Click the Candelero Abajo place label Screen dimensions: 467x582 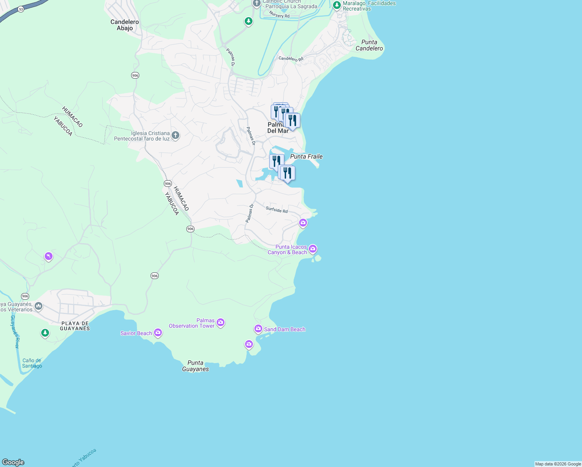tap(124, 25)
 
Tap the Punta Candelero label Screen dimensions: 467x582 tap(369, 45)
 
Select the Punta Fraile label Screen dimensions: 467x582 tap(307, 156)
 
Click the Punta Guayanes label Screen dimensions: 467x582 tap(195, 366)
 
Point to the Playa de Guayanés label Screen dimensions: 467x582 tap(75, 326)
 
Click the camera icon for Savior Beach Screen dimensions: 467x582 tap(158, 332)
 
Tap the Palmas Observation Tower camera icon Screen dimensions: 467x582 tap(221, 322)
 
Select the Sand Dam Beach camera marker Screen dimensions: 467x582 tap(258, 329)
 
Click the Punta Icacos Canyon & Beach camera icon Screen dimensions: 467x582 tap(313, 249)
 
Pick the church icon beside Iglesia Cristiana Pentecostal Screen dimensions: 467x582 tap(175, 135)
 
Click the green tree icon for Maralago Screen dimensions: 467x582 tap(337, 5)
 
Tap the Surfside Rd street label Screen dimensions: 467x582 tap(277, 210)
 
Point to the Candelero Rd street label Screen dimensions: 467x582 tap(291, 59)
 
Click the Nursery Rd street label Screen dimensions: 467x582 tap(279, 15)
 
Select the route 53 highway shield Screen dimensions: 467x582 tap(21, 9)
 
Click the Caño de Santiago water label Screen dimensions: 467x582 tap(32, 363)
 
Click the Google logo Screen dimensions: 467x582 tap(13, 462)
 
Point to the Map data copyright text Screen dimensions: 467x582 tap(558, 464)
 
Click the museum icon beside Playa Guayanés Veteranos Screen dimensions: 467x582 tap(39, 306)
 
